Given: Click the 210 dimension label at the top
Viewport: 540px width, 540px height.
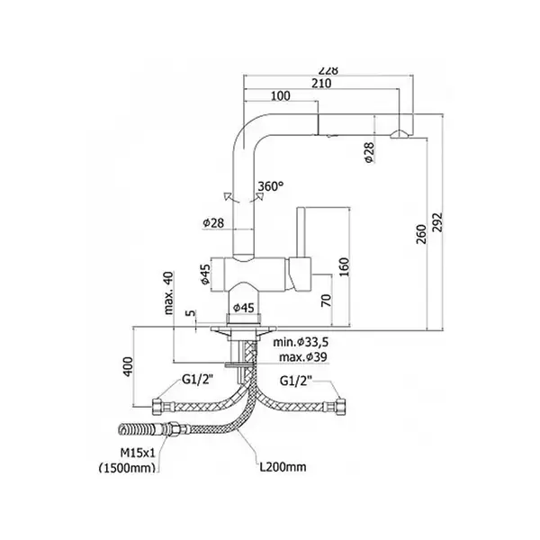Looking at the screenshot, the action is [321, 84].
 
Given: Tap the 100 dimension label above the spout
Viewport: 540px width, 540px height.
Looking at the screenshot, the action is [280, 95].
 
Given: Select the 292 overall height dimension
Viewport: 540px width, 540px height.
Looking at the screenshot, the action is [437, 222].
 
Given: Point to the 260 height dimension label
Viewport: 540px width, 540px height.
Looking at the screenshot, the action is [421, 234].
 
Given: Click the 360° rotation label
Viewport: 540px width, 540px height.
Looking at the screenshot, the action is [271, 186].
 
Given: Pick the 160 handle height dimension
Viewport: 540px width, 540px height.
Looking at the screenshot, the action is [344, 267].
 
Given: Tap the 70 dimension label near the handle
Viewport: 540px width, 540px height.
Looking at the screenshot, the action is [326, 301].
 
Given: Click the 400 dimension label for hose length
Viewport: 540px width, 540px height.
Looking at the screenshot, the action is [128, 367].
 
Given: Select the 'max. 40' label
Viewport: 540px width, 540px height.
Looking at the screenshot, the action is [168, 292].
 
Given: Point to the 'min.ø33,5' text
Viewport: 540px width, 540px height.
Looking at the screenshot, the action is [301, 342].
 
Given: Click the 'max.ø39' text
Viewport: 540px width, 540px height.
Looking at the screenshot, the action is [302, 357].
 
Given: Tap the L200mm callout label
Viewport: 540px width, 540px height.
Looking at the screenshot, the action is [283, 467].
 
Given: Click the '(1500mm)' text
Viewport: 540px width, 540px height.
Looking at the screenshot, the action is [127, 468].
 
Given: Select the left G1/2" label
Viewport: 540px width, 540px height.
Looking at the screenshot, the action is [197, 380].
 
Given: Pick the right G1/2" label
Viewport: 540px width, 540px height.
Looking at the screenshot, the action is [296, 382].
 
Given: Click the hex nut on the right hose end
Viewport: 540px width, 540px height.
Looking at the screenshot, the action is [340, 407].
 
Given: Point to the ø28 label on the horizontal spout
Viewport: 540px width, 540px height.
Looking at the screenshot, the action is [369, 152].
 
